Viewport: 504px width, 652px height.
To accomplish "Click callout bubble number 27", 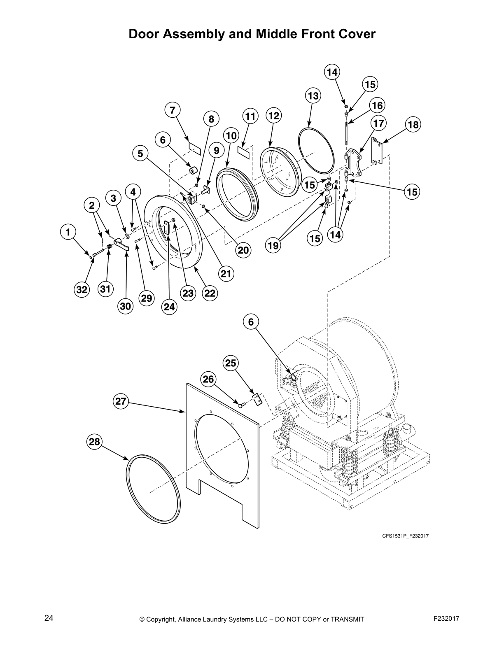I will point(120,401).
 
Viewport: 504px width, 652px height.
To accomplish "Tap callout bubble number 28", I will point(94,442).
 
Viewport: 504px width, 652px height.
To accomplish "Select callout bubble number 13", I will point(313,96).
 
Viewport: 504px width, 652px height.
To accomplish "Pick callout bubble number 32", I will point(82,290).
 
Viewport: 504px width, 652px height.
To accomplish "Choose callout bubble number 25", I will point(231,363).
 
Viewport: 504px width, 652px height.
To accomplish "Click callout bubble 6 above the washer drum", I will point(251,322).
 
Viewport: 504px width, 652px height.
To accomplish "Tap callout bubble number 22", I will point(210,293).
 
